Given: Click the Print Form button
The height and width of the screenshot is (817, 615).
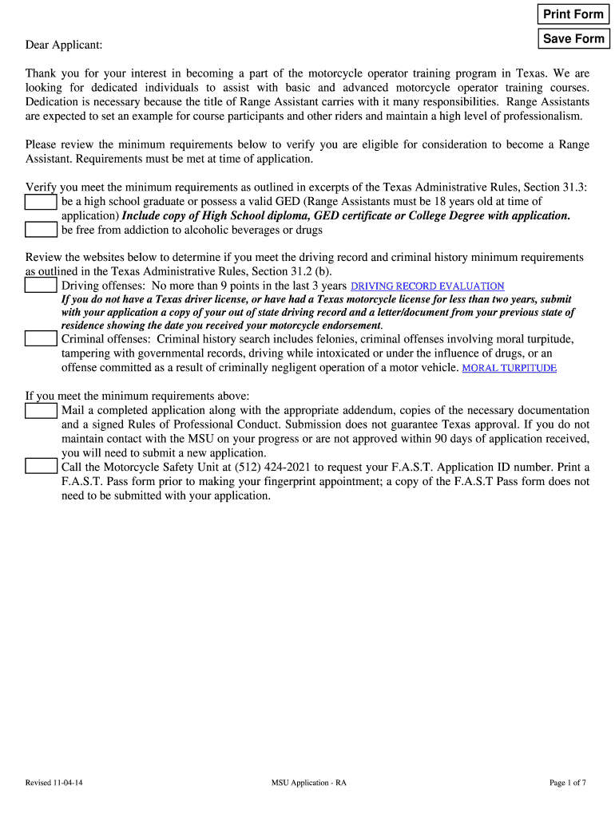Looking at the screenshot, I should pos(573,14).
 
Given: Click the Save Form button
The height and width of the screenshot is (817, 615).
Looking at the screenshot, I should pos(573,38).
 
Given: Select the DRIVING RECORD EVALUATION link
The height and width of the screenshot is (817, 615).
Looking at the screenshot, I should pos(427,286).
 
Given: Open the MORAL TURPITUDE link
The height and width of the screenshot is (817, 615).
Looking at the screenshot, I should pos(509,368).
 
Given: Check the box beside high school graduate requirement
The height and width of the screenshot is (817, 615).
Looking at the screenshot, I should pos(41,203).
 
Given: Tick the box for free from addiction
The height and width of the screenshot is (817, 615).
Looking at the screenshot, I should pos(41,230).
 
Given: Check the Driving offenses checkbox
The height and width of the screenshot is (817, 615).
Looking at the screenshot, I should pos(41,286).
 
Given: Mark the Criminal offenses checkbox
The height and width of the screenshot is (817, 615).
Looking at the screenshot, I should pos(41,338).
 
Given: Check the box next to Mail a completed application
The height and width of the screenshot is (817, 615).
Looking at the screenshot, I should pos(41,411).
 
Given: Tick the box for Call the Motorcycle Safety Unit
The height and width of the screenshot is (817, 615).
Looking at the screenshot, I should pos(41,467).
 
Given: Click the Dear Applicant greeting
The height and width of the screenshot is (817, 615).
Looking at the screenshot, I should pos(64,45).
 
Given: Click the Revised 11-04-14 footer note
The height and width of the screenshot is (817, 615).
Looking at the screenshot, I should pos(54,783).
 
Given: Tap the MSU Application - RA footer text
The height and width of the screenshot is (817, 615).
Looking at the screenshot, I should pos(308,783).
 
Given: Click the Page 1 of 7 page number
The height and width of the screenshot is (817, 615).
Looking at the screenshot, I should pos(567,783).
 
